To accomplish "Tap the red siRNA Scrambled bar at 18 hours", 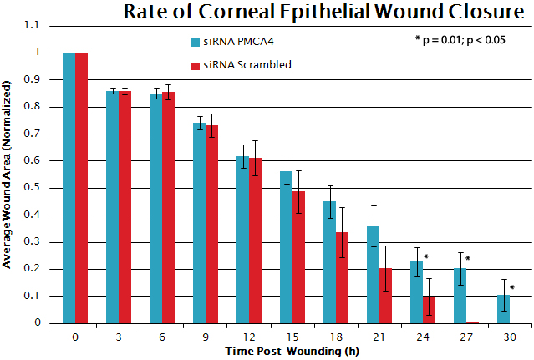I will [342, 277].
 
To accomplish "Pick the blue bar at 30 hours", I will [502, 308].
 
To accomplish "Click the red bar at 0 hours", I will [81, 188].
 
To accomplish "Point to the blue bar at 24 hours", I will [416, 292].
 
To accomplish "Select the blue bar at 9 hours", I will [199, 222].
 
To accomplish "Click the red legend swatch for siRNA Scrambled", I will [195, 65].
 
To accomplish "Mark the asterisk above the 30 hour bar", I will [511, 288].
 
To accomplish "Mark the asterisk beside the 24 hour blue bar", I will [425, 257].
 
